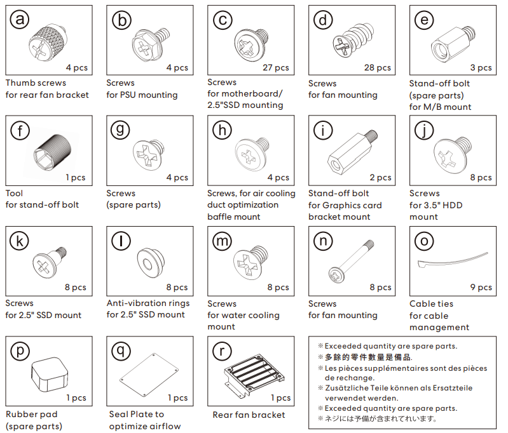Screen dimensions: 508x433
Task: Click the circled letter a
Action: (x=20, y=19)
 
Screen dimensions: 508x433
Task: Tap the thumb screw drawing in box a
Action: (x=48, y=44)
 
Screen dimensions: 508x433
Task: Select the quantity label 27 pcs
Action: (x=276, y=68)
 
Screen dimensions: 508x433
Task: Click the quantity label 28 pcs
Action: (x=378, y=68)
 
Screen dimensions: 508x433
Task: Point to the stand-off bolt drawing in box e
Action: (x=453, y=43)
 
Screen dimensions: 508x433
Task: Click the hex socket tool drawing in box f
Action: (x=52, y=152)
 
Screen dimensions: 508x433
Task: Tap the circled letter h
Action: (x=222, y=130)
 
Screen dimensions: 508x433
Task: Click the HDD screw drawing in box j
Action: (x=452, y=154)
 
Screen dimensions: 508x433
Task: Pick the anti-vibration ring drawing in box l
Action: (x=151, y=262)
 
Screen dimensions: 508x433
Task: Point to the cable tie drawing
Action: (x=453, y=260)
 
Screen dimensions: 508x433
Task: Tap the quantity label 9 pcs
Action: (x=481, y=288)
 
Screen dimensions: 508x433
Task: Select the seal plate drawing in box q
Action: (x=149, y=375)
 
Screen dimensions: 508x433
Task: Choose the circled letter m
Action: (x=222, y=241)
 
